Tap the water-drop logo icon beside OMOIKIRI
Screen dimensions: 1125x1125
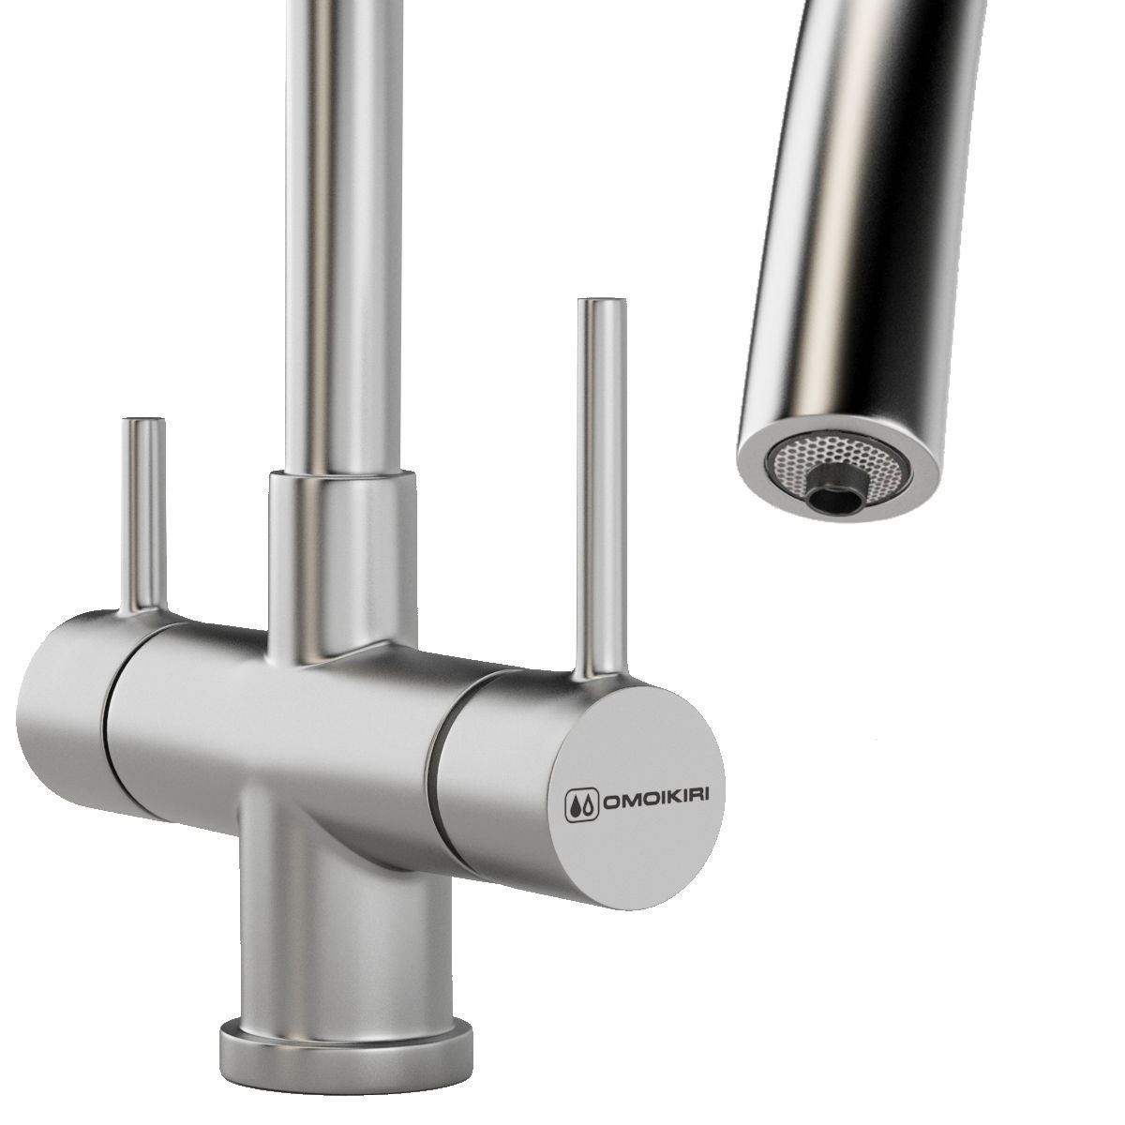point(582,806)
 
